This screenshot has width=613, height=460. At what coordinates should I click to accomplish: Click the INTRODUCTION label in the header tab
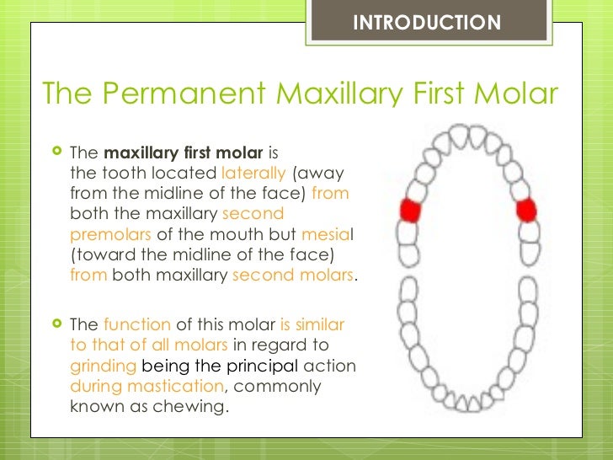[x=426, y=23]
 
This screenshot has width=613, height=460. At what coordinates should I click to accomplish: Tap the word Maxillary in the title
[x=343, y=94]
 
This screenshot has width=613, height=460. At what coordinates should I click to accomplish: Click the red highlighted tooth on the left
[x=410, y=209]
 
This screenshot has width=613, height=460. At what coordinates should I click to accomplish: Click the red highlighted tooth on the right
[x=527, y=209]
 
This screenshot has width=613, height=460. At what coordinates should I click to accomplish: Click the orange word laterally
[x=253, y=174]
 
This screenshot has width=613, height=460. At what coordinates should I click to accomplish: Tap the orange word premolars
[x=111, y=234]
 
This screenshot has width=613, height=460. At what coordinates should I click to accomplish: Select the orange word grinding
[x=104, y=366]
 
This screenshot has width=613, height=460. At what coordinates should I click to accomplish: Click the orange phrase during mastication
[x=147, y=386]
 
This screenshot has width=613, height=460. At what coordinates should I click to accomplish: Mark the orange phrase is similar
[x=312, y=325]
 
